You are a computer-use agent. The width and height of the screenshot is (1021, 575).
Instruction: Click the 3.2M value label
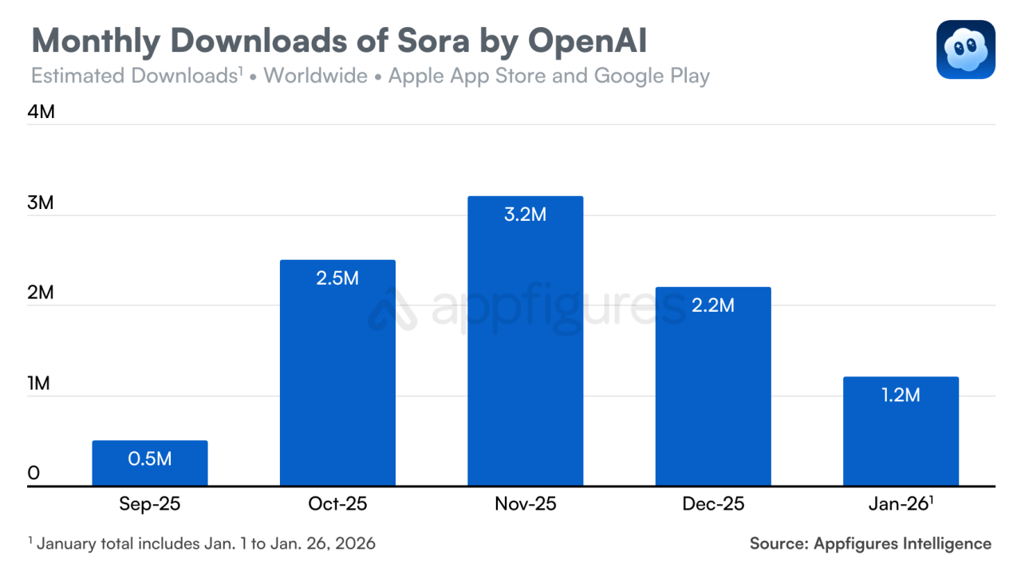(x=525, y=215)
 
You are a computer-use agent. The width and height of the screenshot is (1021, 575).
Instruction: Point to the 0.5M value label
(x=150, y=459)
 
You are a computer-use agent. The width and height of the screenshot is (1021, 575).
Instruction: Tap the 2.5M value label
(x=337, y=278)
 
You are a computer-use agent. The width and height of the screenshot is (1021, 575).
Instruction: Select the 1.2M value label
(x=901, y=395)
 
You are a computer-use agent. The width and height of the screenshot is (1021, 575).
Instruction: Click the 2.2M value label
(x=713, y=305)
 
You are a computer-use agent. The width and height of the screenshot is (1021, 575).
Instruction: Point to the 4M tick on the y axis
(x=41, y=112)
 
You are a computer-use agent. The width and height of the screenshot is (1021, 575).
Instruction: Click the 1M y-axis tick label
(x=38, y=384)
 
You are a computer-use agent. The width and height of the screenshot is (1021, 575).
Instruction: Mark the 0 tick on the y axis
(x=34, y=474)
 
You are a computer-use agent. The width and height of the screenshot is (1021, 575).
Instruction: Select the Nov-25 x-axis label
(x=525, y=505)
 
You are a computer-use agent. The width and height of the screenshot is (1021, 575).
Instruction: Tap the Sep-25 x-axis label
(x=150, y=505)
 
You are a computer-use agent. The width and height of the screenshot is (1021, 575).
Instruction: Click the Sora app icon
(x=965, y=49)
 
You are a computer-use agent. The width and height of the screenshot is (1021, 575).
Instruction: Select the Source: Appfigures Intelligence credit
(x=870, y=544)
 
